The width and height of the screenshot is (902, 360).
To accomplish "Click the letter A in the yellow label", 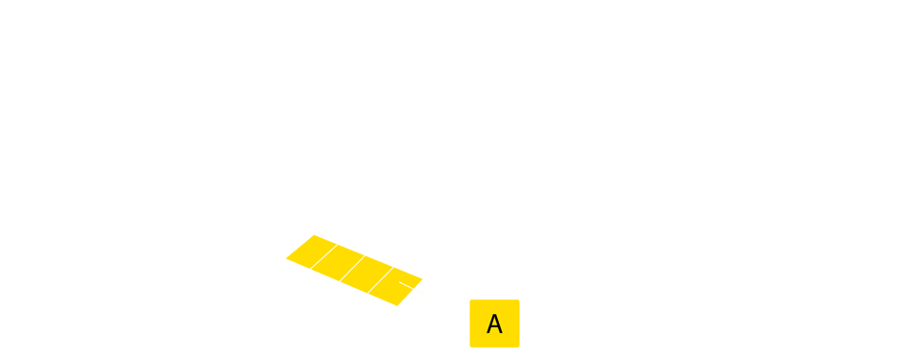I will click(x=494, y=324).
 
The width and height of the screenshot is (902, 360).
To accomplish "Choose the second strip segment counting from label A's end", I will click(x=367, y=275).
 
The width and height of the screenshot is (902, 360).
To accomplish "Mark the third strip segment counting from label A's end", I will click(x=338, y=262).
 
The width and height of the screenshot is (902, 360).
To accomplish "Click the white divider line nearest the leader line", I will click(x=381, y=280).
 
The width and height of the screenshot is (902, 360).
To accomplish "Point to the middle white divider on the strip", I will click(x=352, y=268).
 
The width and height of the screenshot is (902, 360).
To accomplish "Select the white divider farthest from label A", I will click(x=323, y=255).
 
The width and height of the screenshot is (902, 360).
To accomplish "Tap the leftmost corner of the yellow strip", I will click(x=285, y=257).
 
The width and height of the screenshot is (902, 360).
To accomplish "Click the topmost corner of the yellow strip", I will click(x=313, y=234).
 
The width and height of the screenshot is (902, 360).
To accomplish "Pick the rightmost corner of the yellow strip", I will click(x=423, y=280).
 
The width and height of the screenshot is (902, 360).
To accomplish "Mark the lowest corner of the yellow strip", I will click(x=396, y=306).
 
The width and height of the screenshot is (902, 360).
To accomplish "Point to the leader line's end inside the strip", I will click(x=401, y=283).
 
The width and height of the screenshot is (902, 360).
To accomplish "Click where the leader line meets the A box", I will click(x=469, y=315).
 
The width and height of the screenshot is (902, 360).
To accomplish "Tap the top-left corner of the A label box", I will click(x=470, y=300).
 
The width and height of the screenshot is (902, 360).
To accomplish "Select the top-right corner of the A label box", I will click(x=519, y=300).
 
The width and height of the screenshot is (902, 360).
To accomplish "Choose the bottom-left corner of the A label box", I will click(x=470, y=348).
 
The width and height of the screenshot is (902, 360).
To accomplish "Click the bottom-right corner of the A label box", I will click(x=519, y=348).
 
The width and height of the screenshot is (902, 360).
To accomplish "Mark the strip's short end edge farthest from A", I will click(x=298, y=246).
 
